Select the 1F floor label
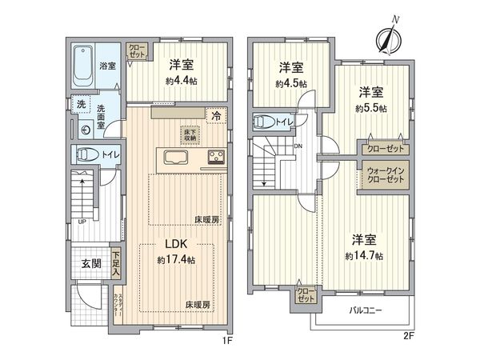tap(227, 339)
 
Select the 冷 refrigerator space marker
tap(216, 116)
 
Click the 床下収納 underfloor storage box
tap(191, 134)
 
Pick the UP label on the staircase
tap(81, 222)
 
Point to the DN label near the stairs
tap(298, 146)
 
